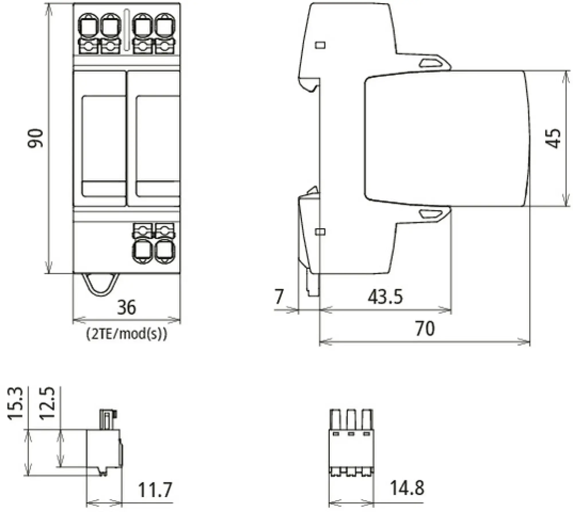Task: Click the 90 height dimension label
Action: pos(36,138)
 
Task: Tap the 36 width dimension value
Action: pos(126,307)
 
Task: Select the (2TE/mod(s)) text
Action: pos(126,334)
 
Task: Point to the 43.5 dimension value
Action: pos(385,297)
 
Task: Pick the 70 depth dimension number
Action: pos(425,328)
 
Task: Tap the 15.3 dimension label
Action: pos(15,404)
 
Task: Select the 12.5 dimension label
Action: pos(47,404)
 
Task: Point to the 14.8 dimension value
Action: pos(407,488)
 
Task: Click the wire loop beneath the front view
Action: pos(101,285)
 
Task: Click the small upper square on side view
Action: pos(320,45)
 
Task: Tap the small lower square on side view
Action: pos(320,232)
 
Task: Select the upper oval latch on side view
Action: pos(433,63)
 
